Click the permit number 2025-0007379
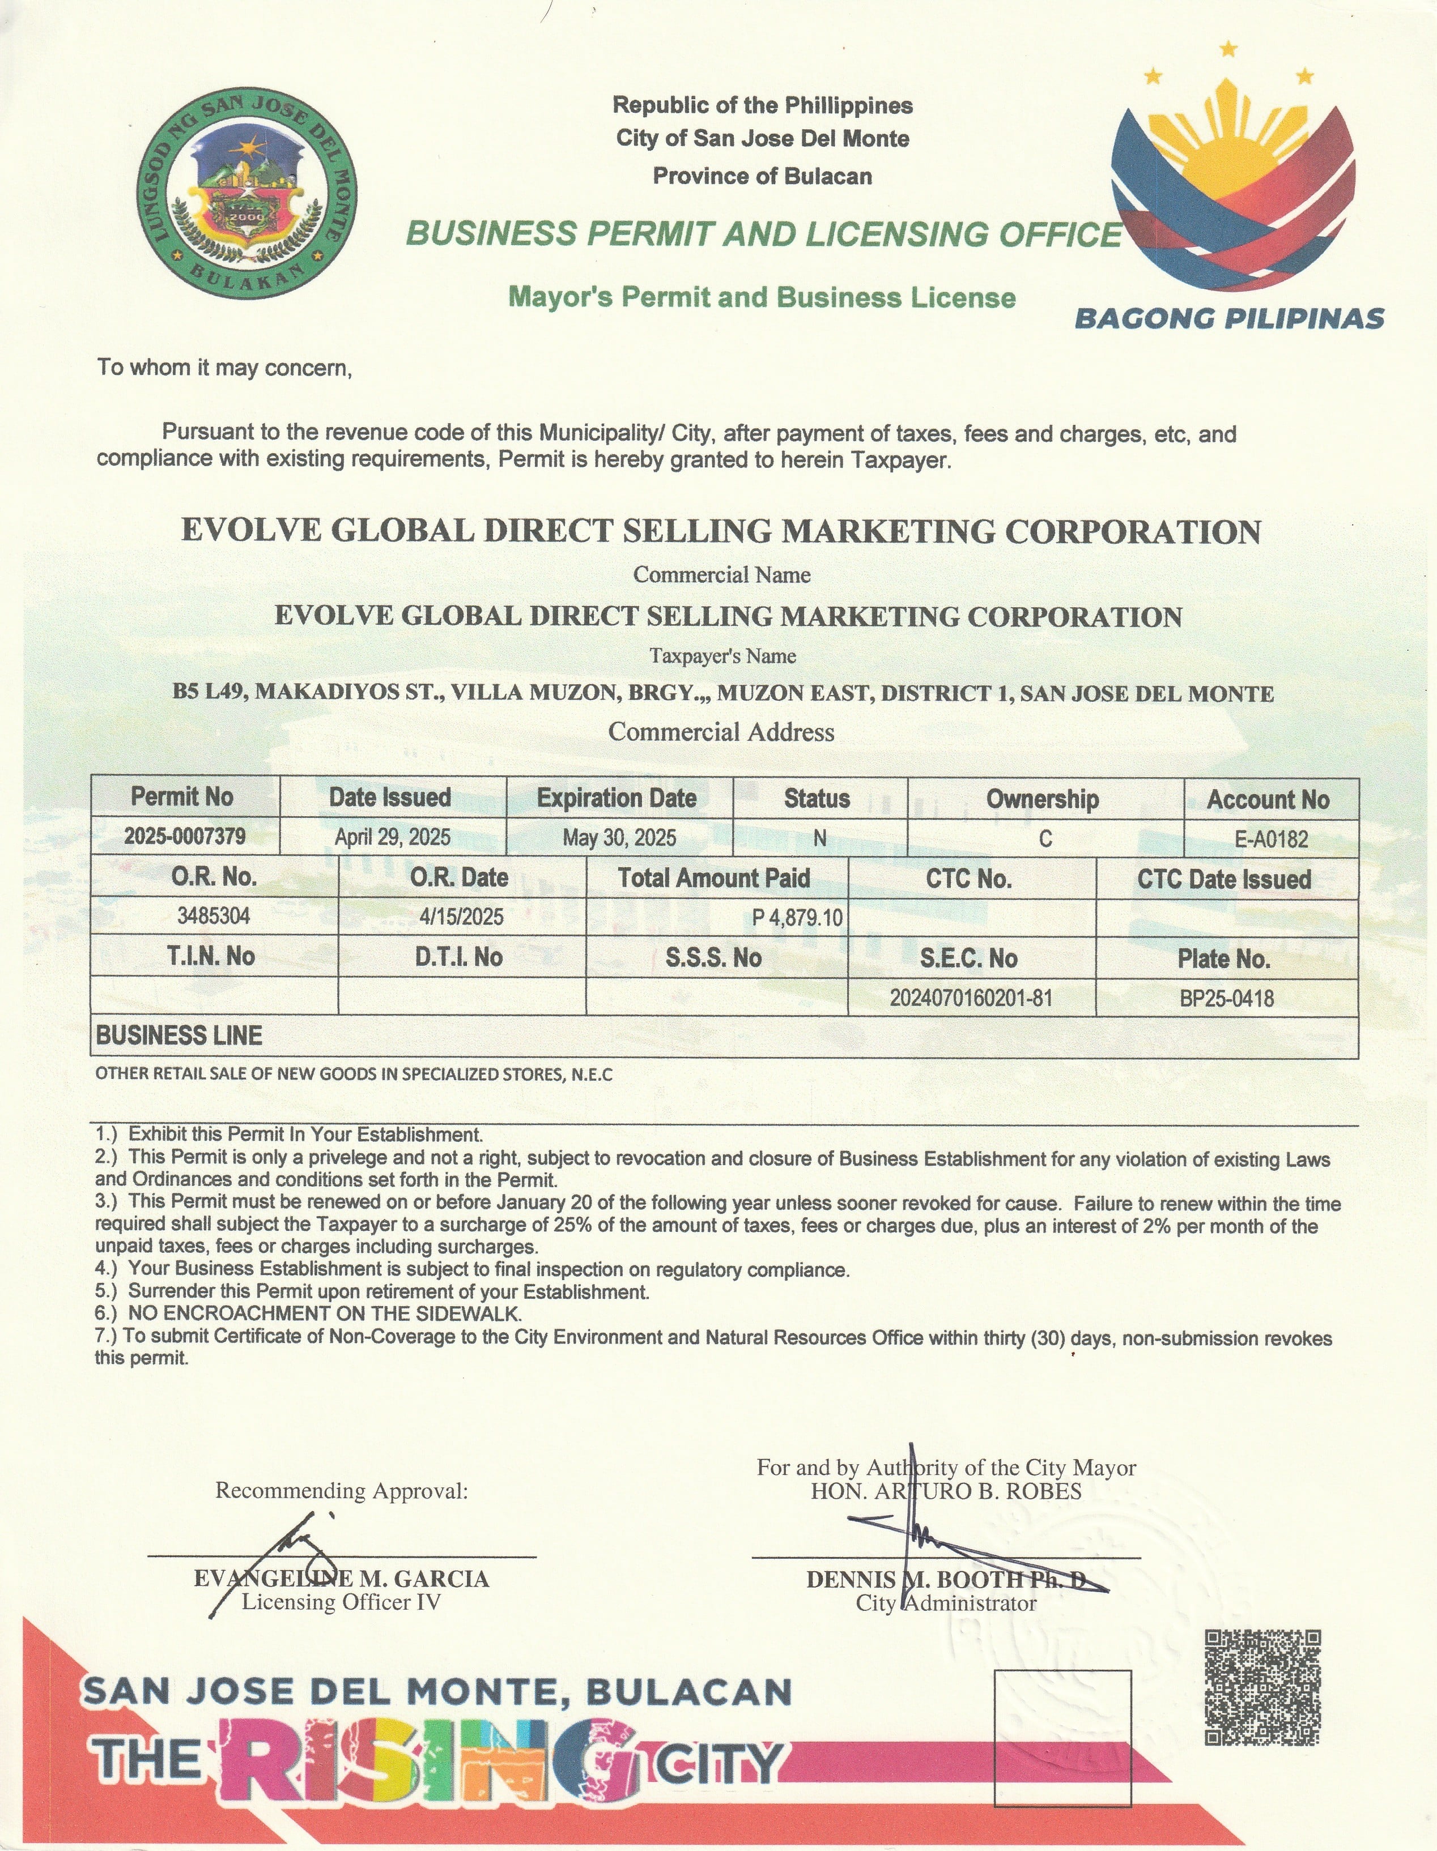[185, 837]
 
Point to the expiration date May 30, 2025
[620, 838]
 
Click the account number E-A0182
[1271, 839]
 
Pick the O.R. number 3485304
[214, 915]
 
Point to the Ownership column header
[1043, 799]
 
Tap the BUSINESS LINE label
[179, 1035]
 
